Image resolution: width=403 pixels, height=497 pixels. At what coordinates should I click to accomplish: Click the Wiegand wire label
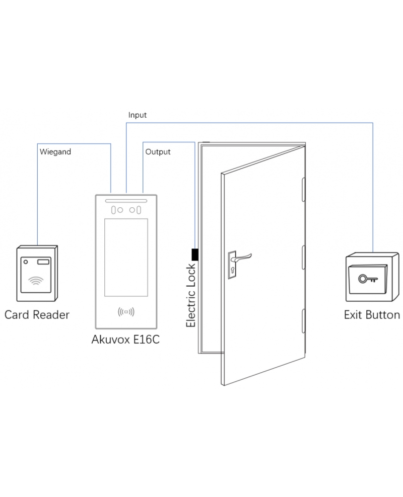click(55, 151)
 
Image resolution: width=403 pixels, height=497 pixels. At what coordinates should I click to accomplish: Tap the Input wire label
click(138, 115)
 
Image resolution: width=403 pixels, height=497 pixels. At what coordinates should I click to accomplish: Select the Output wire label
click(158, 151)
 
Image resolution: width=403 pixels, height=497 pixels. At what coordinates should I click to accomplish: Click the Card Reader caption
click(37, 315)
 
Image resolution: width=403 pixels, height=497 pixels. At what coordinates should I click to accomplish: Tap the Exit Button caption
click(372, 315)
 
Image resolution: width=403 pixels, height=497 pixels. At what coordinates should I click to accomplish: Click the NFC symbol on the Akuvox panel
click(126, 311)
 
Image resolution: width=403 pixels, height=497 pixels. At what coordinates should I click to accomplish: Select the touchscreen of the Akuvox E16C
click(126, 257)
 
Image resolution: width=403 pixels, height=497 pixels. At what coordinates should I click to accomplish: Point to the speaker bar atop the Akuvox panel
click(126, 201)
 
